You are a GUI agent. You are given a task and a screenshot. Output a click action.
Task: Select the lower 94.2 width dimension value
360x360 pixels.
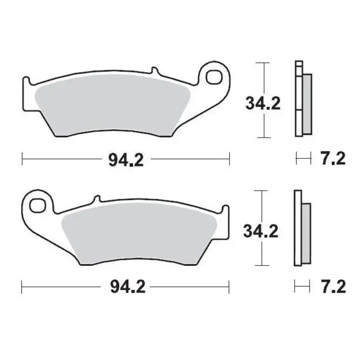(x=128, y=287)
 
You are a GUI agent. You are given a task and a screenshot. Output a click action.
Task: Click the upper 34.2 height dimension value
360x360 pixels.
(x=263, y=103)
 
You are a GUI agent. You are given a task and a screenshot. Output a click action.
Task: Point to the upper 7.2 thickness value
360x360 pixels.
(x=333, y=159)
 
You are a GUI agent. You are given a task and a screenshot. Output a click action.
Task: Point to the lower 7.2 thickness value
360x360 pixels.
(x=333, y=287)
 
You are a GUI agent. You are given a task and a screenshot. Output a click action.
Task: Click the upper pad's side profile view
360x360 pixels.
(x=301, y=99)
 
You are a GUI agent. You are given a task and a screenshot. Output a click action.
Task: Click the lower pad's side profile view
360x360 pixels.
(x=301, y=227)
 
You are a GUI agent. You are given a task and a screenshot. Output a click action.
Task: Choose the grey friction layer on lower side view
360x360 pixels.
(x=305, y=232)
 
